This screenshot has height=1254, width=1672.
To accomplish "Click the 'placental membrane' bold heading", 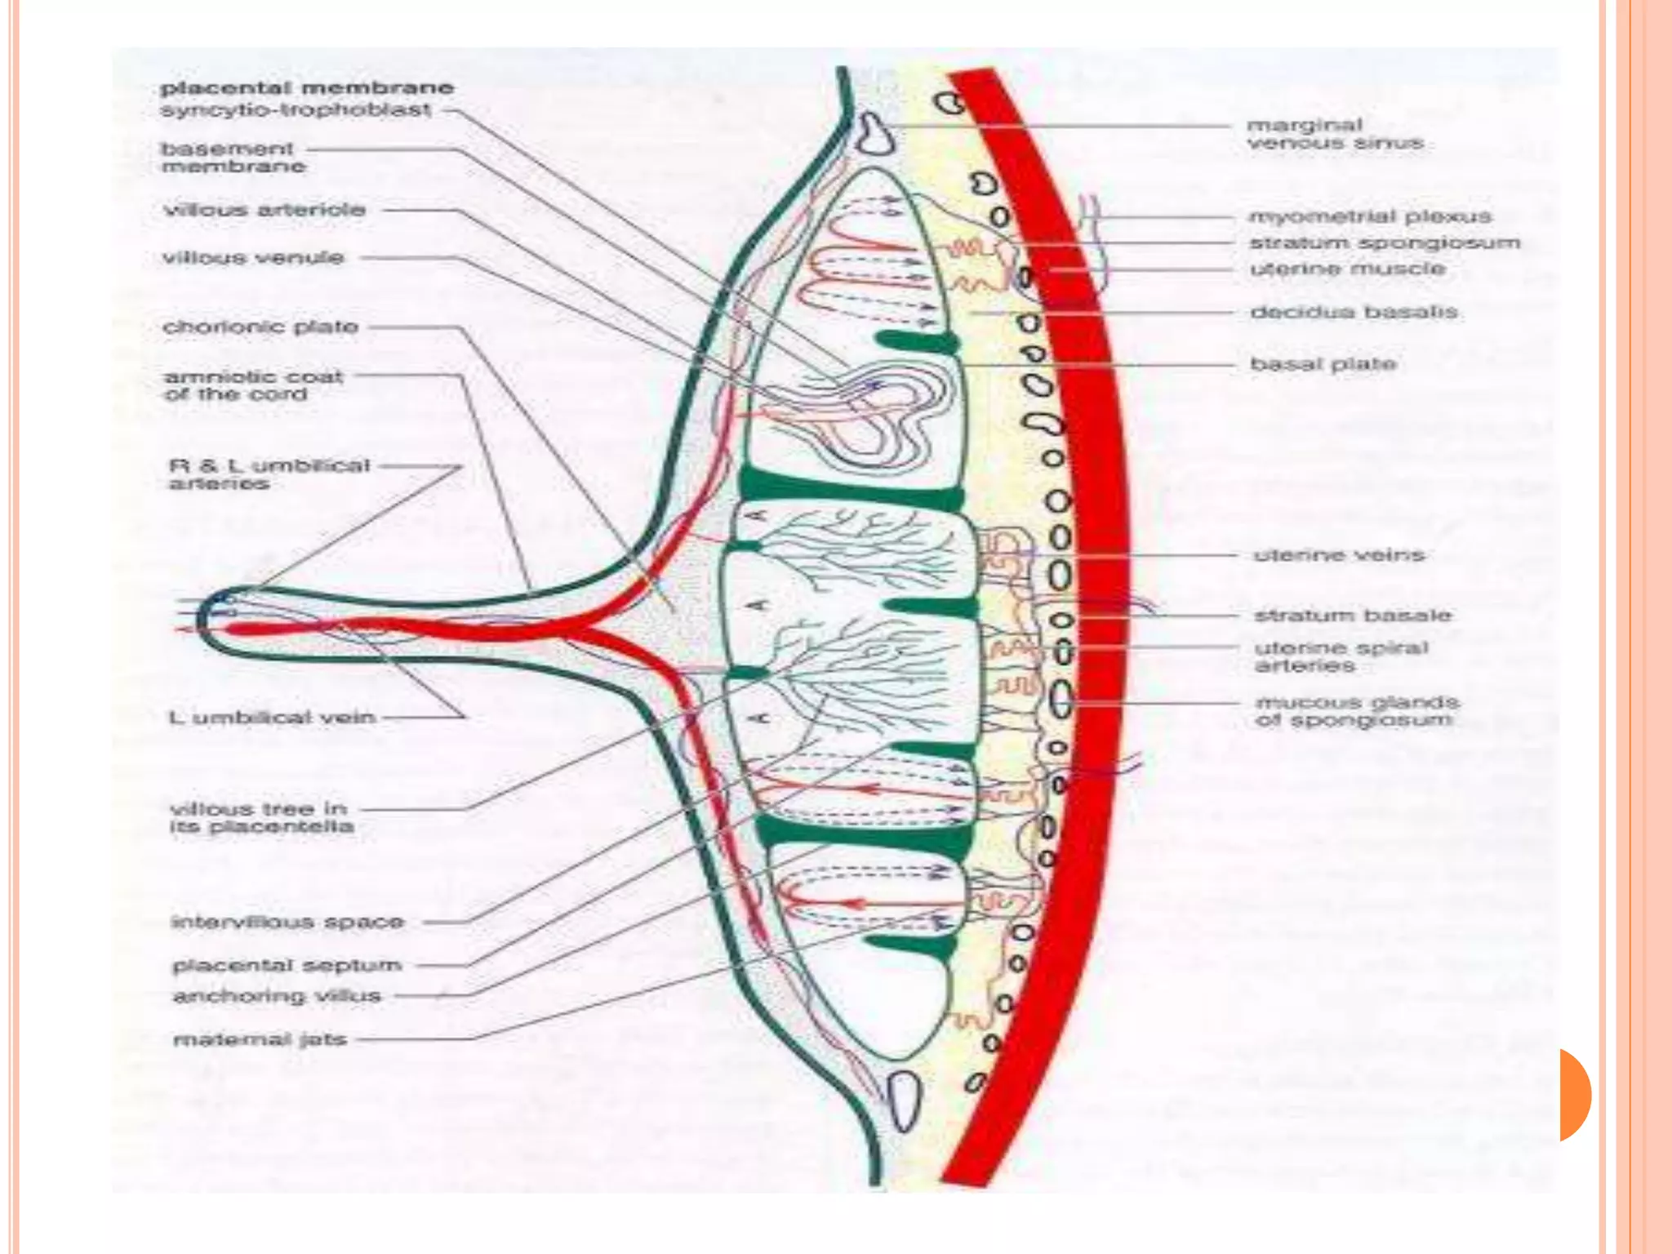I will (306, 87).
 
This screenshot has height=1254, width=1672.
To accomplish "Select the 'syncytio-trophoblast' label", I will (296, 109).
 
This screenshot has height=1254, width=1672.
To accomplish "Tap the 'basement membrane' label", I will (233, 158).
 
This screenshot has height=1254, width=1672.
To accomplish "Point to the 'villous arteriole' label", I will (265, 210).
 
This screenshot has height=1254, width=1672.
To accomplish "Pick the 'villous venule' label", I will (253, 258).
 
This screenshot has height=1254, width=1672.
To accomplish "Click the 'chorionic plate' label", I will (260, 327).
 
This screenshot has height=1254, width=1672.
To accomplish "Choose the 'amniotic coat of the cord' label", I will (253, 385).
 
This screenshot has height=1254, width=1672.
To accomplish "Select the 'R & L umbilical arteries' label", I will (269, 474).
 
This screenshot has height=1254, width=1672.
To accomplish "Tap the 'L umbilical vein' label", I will (272, 718).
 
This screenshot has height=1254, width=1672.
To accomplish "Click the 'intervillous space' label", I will (287, 923).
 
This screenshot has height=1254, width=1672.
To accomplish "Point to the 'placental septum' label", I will (287, 966).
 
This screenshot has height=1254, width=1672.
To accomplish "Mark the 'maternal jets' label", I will (260, 1040).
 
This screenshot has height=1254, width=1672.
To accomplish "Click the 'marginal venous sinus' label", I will (1334, 135).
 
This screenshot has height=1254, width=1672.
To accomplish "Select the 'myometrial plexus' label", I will (1370, 216).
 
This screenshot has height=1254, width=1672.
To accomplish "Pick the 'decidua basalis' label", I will (1354, 312).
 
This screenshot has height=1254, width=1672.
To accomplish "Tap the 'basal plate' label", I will (1323, 364).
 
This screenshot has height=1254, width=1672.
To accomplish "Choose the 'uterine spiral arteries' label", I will (1341, 657).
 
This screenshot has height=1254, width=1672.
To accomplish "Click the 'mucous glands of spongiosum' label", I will (1356, 711).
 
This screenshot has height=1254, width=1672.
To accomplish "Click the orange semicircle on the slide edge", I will (1574, 1095).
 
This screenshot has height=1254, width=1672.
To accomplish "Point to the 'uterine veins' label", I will (1339, 555).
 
